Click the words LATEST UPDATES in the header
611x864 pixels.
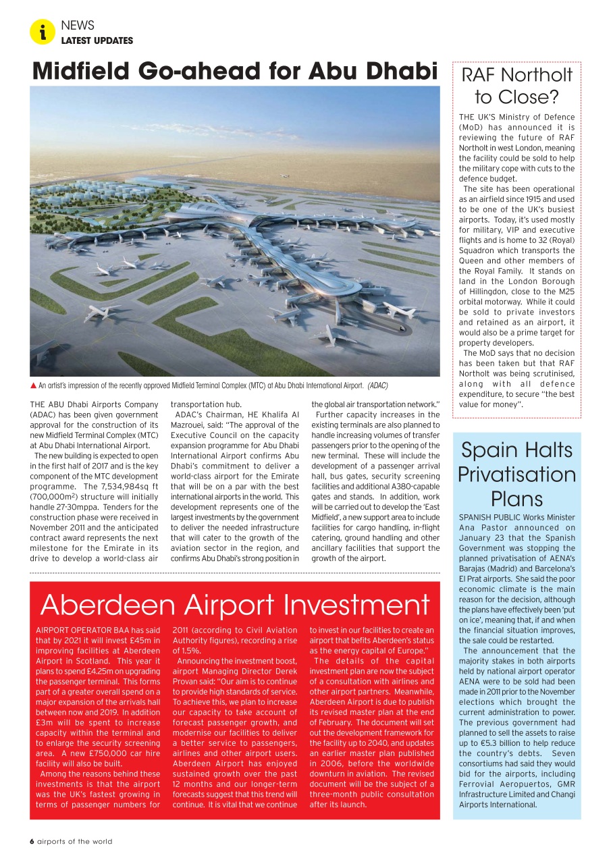[97, 40]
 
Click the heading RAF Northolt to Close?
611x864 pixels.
[516, 85]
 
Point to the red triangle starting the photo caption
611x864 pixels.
[33, 385]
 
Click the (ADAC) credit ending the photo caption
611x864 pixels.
[377, 386]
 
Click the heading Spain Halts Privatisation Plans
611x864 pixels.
[516, 475]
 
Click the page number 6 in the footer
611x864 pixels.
[32, 841]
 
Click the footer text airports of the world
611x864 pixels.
[75, 841]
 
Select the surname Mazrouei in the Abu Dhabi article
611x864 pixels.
[192, 425]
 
